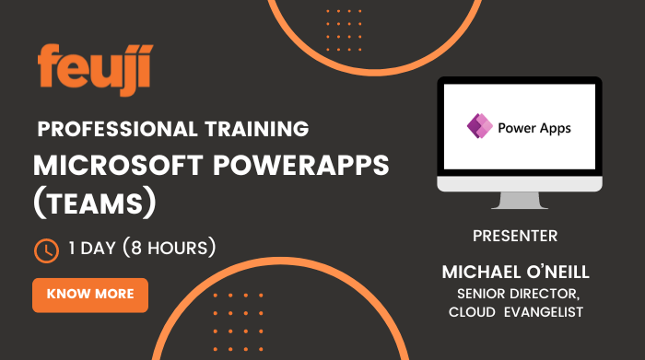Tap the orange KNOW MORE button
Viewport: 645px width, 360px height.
pyautogui.click(x=90, y=295)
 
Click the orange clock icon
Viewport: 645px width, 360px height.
pyautogui.click(x=45, y=249)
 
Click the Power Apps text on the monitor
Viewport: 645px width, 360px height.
pyautogui.click(x=534, y=128)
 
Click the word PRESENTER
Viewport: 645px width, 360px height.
pyautogui.click(x=514, y=237)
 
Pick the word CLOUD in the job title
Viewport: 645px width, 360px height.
pyautogui.click(x=473, y=312)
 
